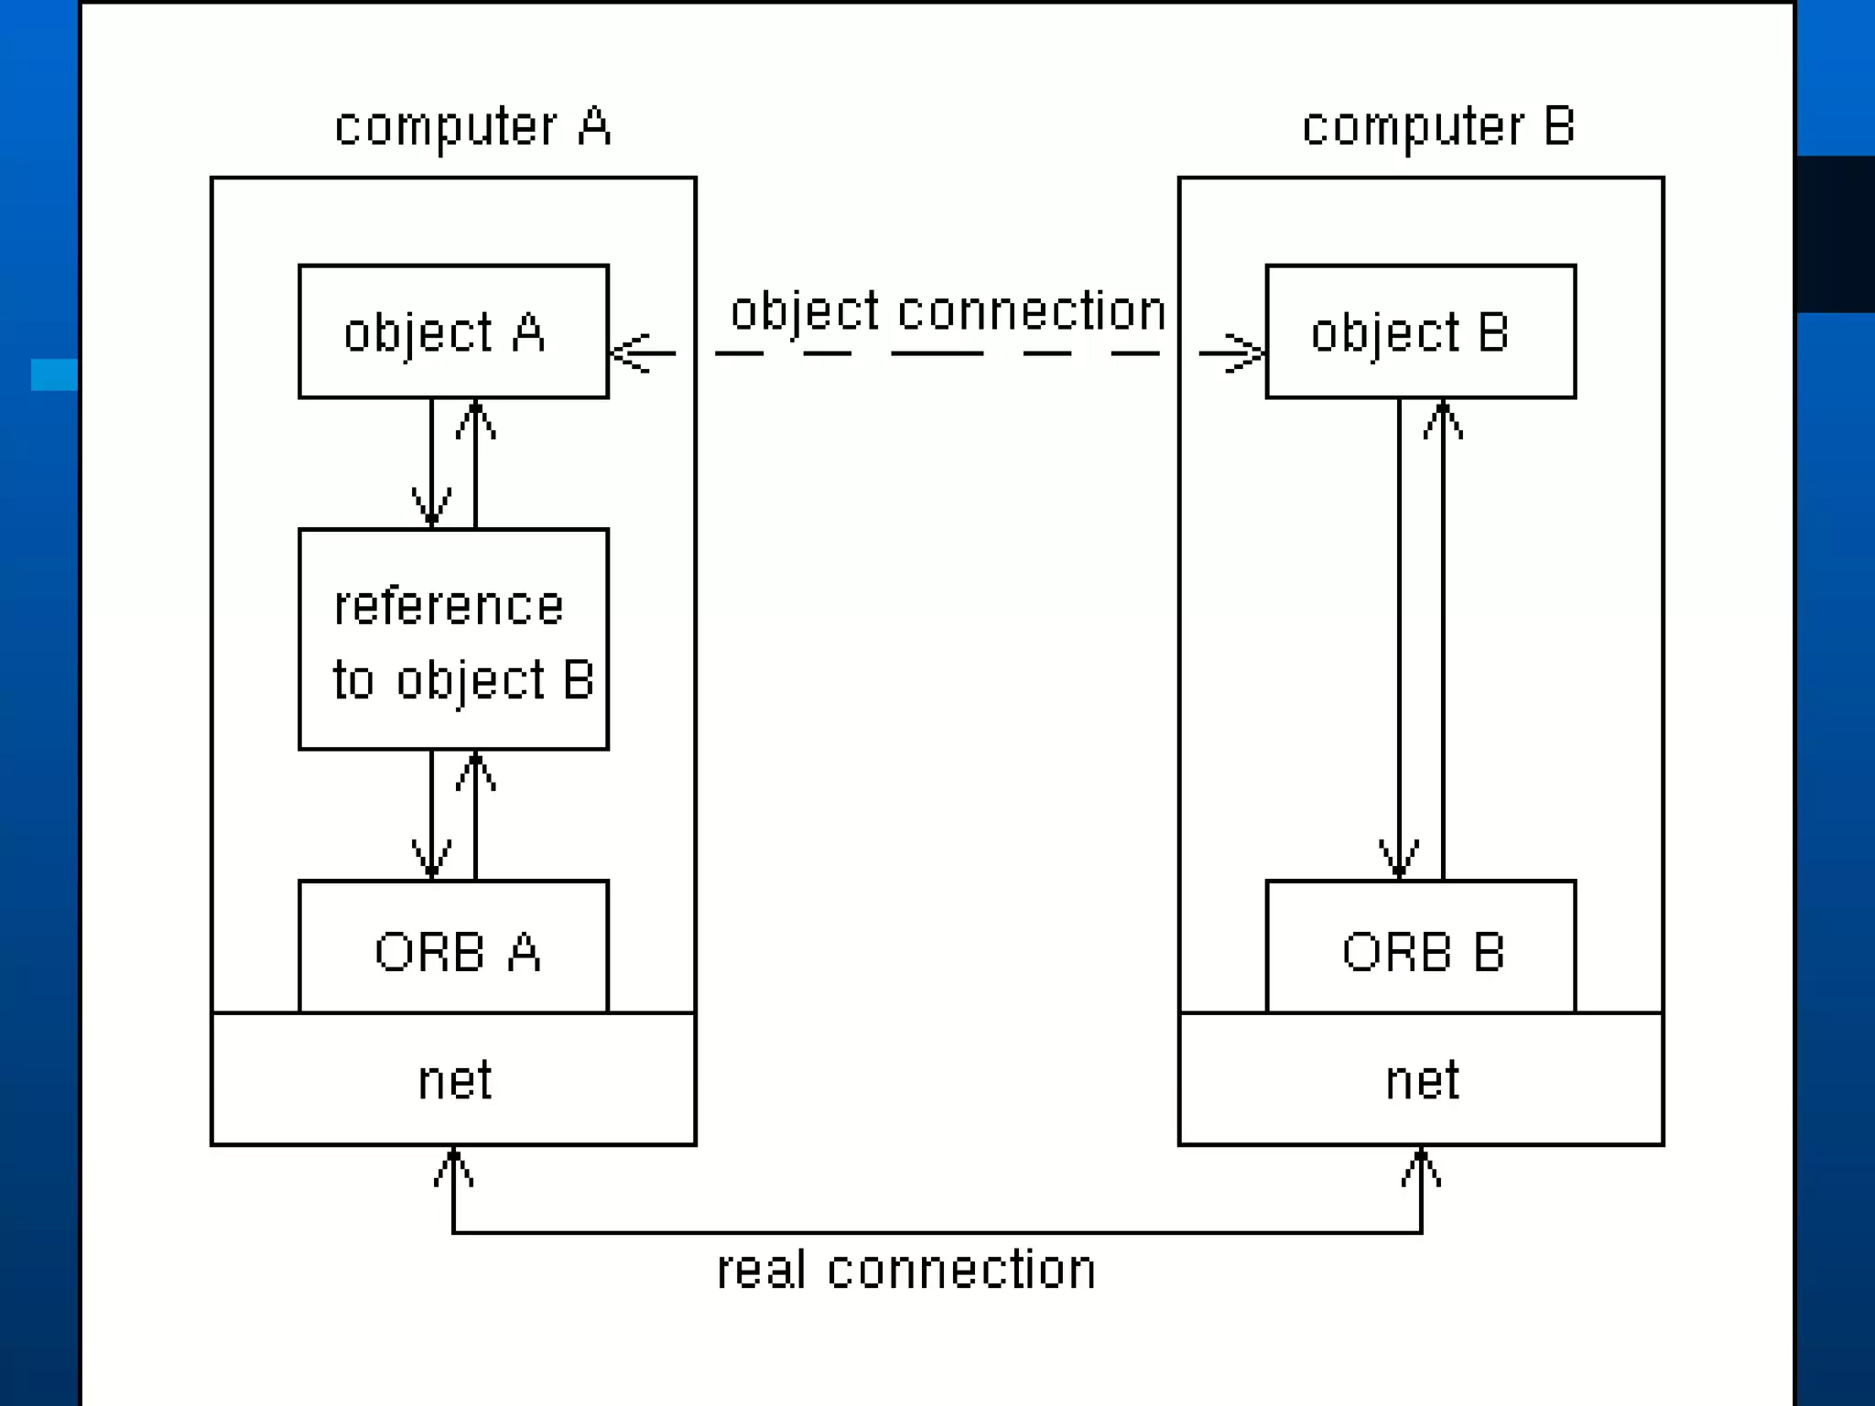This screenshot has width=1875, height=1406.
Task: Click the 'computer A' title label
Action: pyautogui.click(x=472, y=126)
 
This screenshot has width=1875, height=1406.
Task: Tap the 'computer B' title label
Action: pyautogui.click(x=1438, y=126)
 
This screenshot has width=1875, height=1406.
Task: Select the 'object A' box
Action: pyautogui.click(x=453, y=331)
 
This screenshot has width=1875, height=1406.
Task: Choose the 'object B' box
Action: pyautogui.click(x=1420, y=331)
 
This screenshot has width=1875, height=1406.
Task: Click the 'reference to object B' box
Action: pyautogui.click(x=453, y=639)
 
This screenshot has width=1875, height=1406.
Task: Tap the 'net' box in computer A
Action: pyautogui.click(x=453, y=1079)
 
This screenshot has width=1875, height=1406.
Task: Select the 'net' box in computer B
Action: pyautogui.click(x=1420, y=1079)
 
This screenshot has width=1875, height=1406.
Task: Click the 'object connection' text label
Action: pyautogui.click(x=948, y=311)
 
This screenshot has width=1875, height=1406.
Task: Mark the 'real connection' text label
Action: pyautogui.click(x=905, y=1271)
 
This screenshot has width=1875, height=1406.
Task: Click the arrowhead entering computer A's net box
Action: pyautogui.click(x=453, y=1166)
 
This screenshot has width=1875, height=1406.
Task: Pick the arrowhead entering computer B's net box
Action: pyautogui.click(x=1421, y=1166)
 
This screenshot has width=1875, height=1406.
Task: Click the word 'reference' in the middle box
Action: pyautogui.click(x=449, y=607)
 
